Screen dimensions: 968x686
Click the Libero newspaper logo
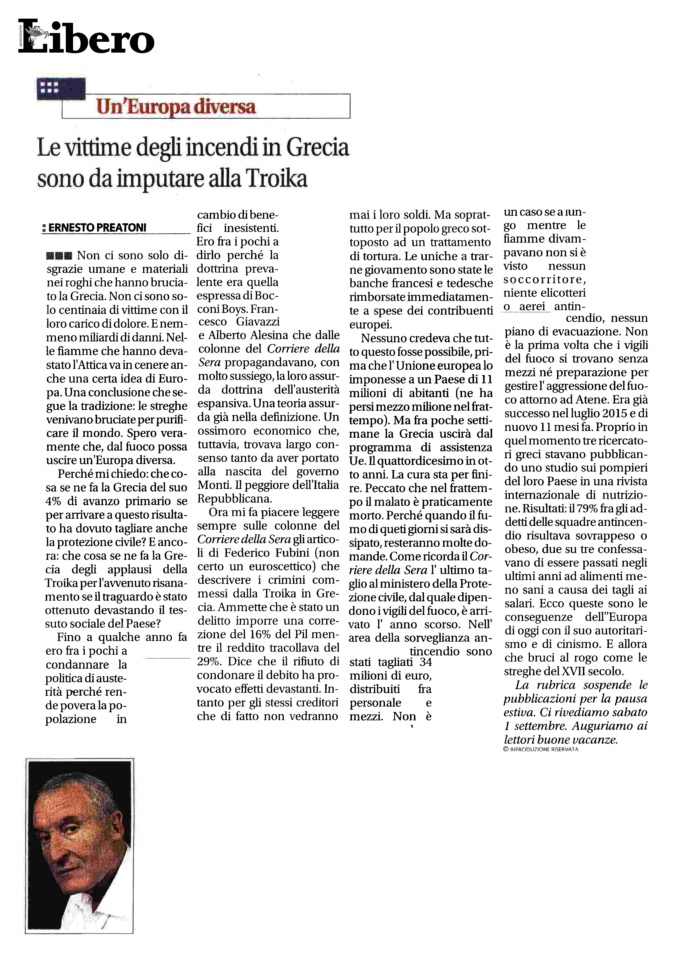[87, 37]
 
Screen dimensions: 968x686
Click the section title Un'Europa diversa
[176, 106]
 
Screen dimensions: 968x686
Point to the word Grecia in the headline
[318, 148]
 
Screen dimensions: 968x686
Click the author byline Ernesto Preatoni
[97, 227]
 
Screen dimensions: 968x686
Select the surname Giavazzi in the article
[258, 322]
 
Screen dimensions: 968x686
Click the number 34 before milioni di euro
[423, 662]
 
